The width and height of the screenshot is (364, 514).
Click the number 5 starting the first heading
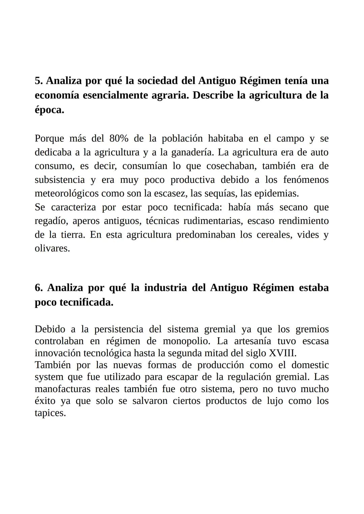[38, 81]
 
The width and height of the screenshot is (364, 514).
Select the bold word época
[49, 110]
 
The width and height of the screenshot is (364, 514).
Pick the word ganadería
[192, 152]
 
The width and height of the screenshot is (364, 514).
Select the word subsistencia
[60, 180]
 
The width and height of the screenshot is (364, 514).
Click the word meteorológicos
[67, 194]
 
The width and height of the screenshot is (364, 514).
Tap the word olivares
[52, 248]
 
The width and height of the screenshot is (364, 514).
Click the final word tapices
[50, 413]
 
